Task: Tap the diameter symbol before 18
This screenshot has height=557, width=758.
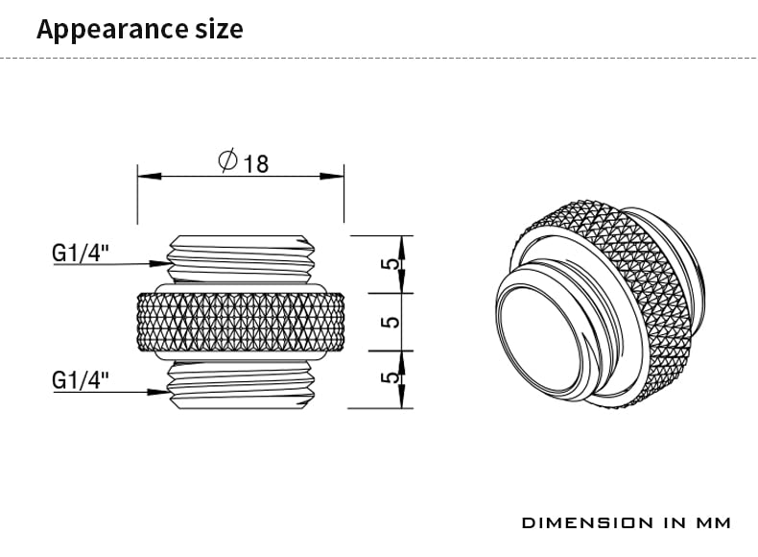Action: point(227,161)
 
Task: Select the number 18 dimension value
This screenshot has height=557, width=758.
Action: point(256,163)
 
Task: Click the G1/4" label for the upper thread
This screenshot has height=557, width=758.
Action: point(81,254)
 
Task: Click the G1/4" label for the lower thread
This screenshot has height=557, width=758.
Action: point(81,381)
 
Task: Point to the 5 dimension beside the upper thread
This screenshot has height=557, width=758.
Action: point(390,264)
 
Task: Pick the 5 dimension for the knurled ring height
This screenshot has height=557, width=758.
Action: point(390,322)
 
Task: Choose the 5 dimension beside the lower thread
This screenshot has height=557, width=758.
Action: point(390,379)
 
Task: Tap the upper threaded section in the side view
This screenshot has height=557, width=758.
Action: point(240,257)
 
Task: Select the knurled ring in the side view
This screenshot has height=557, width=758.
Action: point(240,322)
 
